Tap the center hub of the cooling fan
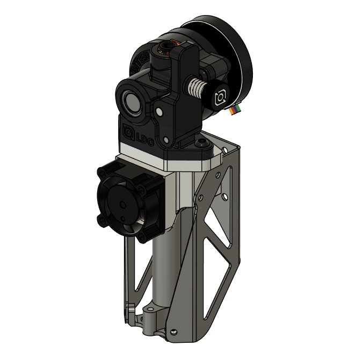pyautogui.click(x=123, y=205)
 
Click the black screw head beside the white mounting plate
pyautogui.click(x=202, y=143)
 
